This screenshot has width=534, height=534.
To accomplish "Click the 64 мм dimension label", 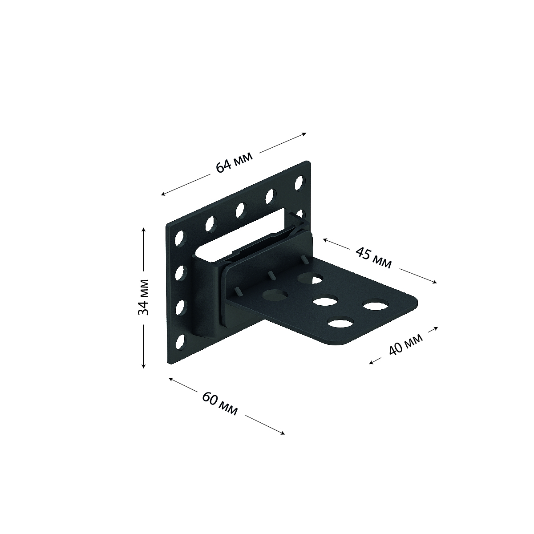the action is coord(234,162).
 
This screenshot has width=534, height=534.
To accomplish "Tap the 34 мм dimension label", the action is coord(143,297).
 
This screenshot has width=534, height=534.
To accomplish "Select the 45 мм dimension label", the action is coord(373,258).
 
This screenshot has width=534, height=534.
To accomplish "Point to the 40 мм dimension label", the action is coord(406,344).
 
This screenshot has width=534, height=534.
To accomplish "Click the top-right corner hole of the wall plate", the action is coord(299,183).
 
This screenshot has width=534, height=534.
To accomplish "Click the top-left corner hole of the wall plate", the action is coord(180,239).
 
